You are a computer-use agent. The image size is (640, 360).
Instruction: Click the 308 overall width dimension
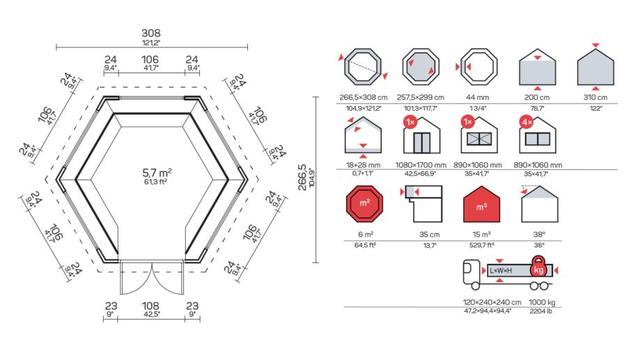(x=151, y=33)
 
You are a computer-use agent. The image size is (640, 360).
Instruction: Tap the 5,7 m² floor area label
(x=157, y=171)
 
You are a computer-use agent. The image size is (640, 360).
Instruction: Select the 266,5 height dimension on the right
(x=302, y=175)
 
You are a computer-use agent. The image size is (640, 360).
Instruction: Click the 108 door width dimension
(x=151, y=306)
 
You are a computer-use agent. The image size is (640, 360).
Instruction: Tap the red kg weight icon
(x=538, y=268)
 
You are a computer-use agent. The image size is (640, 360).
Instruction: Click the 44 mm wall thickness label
(x=480, y=97)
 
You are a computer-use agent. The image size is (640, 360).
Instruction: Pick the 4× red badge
(x=525, y=122)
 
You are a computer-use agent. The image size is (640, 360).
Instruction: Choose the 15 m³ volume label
(x=480, y=235)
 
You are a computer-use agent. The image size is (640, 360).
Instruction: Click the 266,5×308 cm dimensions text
(x=363, y=97)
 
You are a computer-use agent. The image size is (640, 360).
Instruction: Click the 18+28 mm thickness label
(x=363, y=165)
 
